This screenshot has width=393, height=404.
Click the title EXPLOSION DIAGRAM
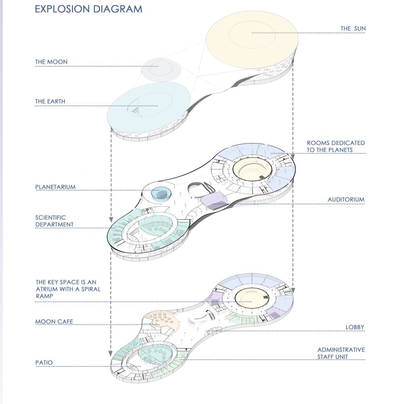(x=88, y=9)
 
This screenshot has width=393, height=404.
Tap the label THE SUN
(x=353, y=29)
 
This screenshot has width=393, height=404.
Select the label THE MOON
(x=51, y=62)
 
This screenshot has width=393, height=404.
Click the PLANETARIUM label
(x=58, y=187)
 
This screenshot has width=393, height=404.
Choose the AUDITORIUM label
(x=346, y=200)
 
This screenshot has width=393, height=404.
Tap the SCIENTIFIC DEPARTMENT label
(x=54, y=221)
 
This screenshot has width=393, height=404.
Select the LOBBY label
(x=356, y=327)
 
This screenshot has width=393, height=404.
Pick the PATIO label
(x=44, y=363)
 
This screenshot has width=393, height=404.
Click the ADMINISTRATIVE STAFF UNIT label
(x=341, y=353)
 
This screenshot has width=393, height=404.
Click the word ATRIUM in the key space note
(x=48, y=290)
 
